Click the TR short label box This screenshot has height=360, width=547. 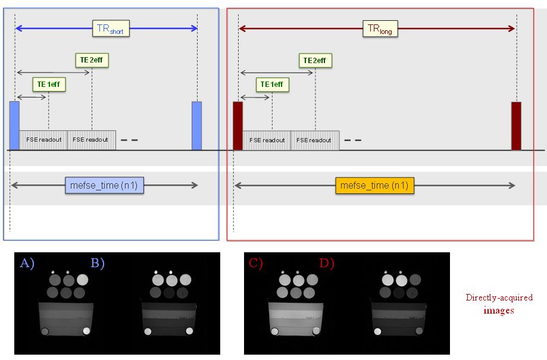(x=111, y=28)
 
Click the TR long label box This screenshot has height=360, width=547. (x=379, y=28)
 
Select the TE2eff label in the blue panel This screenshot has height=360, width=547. (x=92, y=60)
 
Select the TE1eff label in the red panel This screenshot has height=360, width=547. (x=273, y=84)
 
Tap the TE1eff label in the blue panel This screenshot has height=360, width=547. (x=49, y=84)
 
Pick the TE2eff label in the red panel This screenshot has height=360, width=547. (x=315, y=60)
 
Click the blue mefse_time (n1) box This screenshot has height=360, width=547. (x=104, y=186)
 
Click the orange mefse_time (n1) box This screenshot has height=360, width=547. (x=374, y=186)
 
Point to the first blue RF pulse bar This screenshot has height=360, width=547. (x=14, y=125)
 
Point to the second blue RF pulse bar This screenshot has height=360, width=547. (x=196, y=125)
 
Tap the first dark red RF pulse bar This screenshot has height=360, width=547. (x=237, y=125)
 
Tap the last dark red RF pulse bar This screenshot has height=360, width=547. (x=516, y=125)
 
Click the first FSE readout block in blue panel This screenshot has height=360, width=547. (x=43, y=140)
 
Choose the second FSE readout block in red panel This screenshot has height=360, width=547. (x=315, y=140)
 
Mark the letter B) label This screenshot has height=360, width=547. (x=97, y=263)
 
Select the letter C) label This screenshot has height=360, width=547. (x=257, y=263)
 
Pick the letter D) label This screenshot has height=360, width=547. (x=327, y=263)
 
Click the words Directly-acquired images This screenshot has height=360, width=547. (x=499, y=303)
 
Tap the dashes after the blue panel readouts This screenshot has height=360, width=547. (x=129, y=140)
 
